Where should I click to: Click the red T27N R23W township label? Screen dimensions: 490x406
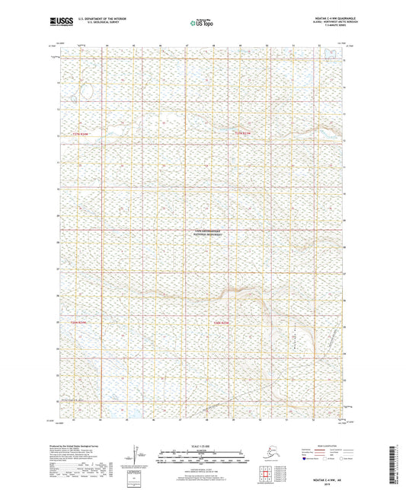point(242,135)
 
